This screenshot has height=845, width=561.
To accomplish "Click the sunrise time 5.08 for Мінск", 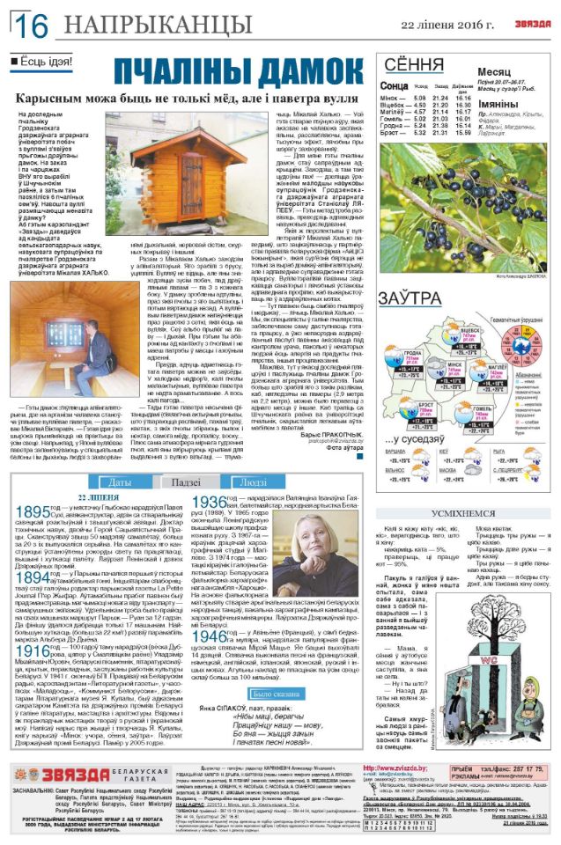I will (x=419, y=98).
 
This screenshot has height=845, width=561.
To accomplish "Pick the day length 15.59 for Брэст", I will (x=463, y=133).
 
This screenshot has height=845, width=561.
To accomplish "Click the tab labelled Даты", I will (x=121, y=482).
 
